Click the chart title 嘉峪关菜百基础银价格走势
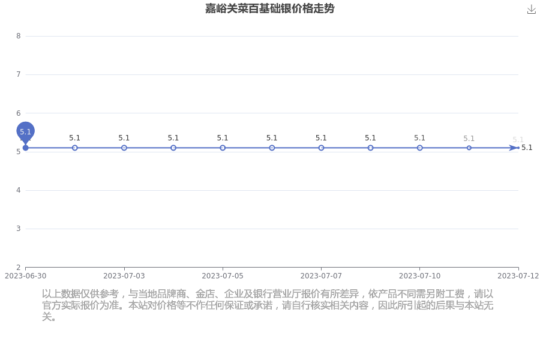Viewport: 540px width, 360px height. pos(269,8)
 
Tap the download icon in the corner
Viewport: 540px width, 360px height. pos(532,10)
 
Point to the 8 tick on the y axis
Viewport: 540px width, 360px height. pos(19,36)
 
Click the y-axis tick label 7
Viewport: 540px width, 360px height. pos(19,74)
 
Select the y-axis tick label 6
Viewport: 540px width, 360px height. pos(19,113)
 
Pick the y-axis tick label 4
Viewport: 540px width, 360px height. pos(19,190)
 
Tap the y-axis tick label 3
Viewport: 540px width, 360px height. pos(19,229)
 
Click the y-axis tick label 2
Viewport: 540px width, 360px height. pos(19,267)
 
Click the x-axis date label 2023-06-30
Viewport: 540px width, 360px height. pos(25,276)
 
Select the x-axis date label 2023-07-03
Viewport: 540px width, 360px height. pos(124,276)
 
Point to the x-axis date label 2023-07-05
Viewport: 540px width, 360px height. pos(223,276)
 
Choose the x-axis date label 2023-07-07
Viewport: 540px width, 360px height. pos(321,276)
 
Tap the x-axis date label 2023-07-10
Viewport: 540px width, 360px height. pos(419,276)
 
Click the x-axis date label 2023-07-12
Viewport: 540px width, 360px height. pos(518,276)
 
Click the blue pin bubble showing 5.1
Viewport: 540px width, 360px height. pos(25,131)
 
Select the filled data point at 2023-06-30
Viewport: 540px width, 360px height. pos(25,148)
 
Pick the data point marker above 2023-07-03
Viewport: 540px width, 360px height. pos(124,148)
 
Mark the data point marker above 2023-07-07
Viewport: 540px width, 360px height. pos(321,148)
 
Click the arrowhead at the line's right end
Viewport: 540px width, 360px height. pos(514,148)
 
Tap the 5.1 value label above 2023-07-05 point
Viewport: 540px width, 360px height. pos(223,138)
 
